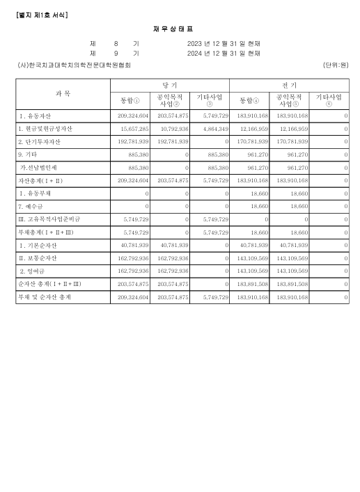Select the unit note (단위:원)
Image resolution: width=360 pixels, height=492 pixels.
[336, 65]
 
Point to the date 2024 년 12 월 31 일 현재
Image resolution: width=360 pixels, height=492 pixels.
[224, 53]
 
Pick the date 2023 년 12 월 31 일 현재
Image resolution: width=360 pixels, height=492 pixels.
[224, 43]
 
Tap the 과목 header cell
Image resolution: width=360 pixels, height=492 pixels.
[63, 93]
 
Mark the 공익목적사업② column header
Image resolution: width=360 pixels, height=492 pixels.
[169, 99]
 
